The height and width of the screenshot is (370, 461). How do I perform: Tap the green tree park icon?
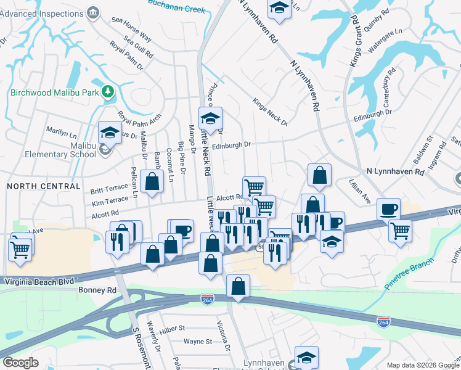tap(108, 92)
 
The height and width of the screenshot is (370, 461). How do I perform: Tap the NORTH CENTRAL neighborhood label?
tap(43, 186)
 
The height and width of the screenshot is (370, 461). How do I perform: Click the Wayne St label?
tap(198, 341)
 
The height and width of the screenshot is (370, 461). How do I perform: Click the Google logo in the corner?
tap(21, 363)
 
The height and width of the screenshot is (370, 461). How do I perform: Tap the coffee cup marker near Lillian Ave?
tap(389, 209)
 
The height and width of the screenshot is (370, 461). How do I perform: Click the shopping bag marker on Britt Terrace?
tap(152, 181)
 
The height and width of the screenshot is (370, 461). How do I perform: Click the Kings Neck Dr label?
tap(271, 112)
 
